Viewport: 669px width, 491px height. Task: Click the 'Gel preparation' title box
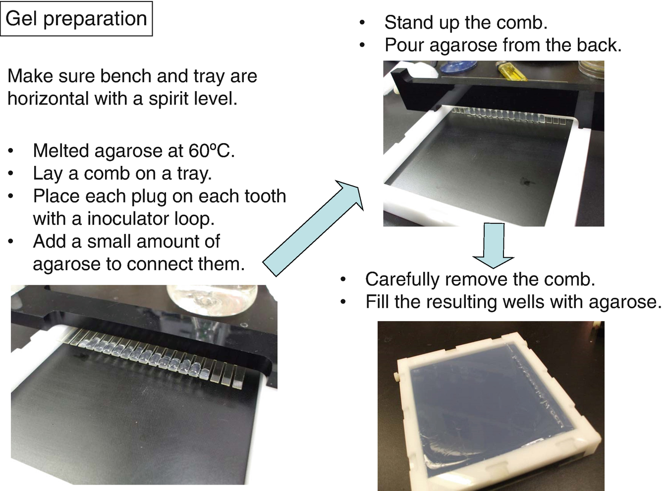pyautogui.click(x=76, y=18)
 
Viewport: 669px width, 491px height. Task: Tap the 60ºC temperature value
pyautogui.click(x=212, y=150)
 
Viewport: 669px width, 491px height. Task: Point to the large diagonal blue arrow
pyautogui.click(x=313, y=228)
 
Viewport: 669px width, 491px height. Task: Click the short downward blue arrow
pyautogui.click(x=494, y=245)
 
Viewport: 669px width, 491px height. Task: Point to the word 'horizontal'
pyautogui.click(x=48, y=98)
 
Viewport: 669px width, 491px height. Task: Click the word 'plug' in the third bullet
pyautogui.click(x=149, y=197)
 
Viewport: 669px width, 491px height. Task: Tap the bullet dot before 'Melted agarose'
pyautogui.click(x=11, y=151)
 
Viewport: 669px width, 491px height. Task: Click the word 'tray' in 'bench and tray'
pyautogui.click(x=209, y=77)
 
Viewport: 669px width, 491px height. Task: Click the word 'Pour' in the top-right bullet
pyautogui.click(x=405, y=45)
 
